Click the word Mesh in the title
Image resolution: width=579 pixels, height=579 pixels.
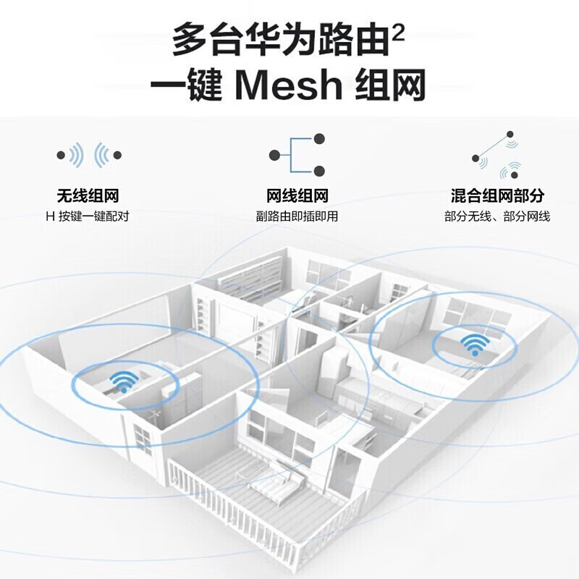(289, 85)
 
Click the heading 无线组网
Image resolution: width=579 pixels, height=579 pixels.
(88, 196)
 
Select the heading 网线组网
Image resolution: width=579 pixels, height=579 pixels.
(297, 196)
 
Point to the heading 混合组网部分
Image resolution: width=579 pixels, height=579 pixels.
(497, 196)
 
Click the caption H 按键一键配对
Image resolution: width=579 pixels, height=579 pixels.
(88, 216)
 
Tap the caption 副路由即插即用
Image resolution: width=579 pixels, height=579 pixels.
(297, 216)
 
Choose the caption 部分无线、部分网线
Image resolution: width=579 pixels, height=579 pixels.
(497, 216)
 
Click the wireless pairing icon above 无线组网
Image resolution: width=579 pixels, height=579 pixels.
(89, 155)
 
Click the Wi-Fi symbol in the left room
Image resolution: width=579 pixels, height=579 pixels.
(122, 381)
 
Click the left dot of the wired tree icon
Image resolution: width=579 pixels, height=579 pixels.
(274, 155)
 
